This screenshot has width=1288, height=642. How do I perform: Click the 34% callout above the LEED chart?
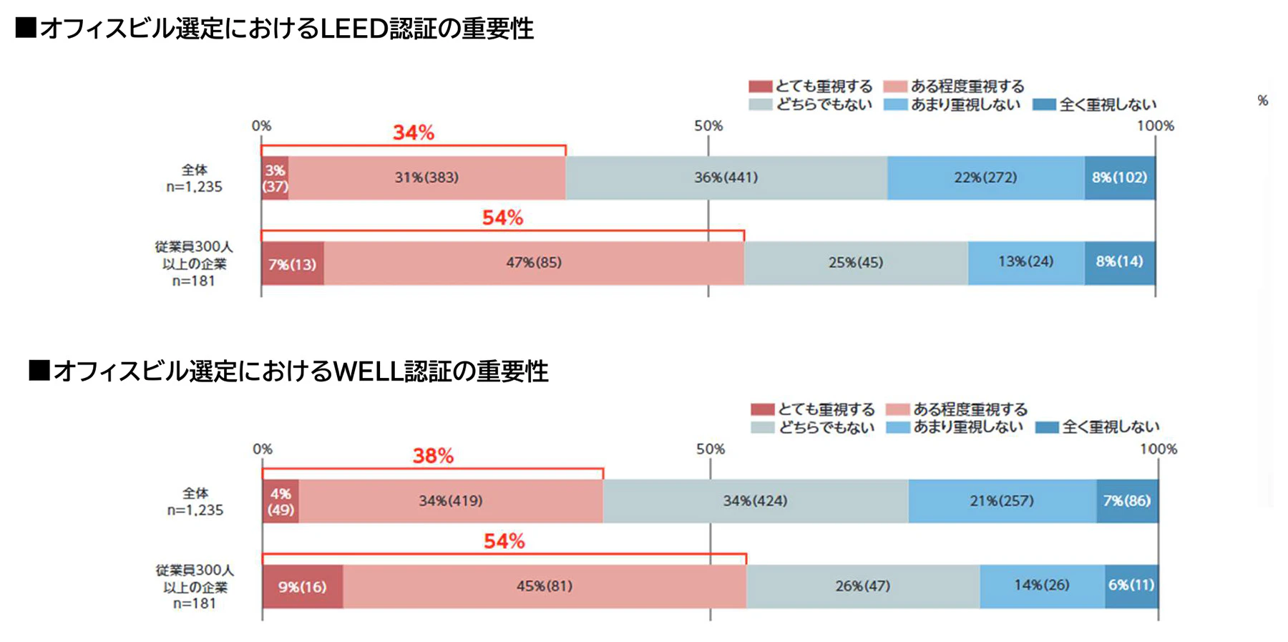tap(414, 132)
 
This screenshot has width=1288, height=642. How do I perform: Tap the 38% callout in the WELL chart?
tap(433, 456)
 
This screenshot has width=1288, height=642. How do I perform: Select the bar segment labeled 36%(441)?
tap(726, 177)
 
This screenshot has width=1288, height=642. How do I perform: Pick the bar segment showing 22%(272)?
tap(985, 177)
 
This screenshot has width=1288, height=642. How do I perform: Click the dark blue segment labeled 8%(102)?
tap(1119, 177)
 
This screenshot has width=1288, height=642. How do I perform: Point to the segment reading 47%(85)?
tap(534, 263)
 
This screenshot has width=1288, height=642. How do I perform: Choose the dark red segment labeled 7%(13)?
tap(292, 264)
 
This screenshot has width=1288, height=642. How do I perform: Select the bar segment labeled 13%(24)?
tap(1025, 262)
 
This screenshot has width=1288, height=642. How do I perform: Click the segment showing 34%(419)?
tap(450, 501)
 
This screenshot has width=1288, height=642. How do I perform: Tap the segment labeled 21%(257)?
tap(1002, 501)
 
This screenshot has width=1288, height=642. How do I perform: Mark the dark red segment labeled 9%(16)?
tap(302, 587)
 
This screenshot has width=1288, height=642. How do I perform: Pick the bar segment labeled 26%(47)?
tap(862, 586)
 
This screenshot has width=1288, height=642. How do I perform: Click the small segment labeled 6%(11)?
tap(1131, 585)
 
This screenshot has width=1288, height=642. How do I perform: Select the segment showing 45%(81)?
tap(544, 586)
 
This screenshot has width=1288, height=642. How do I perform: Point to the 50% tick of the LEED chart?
tap(708, 126)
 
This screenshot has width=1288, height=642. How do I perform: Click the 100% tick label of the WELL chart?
tap(1158, 449)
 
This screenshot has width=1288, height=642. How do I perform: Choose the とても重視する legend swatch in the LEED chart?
tap(760, 87)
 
